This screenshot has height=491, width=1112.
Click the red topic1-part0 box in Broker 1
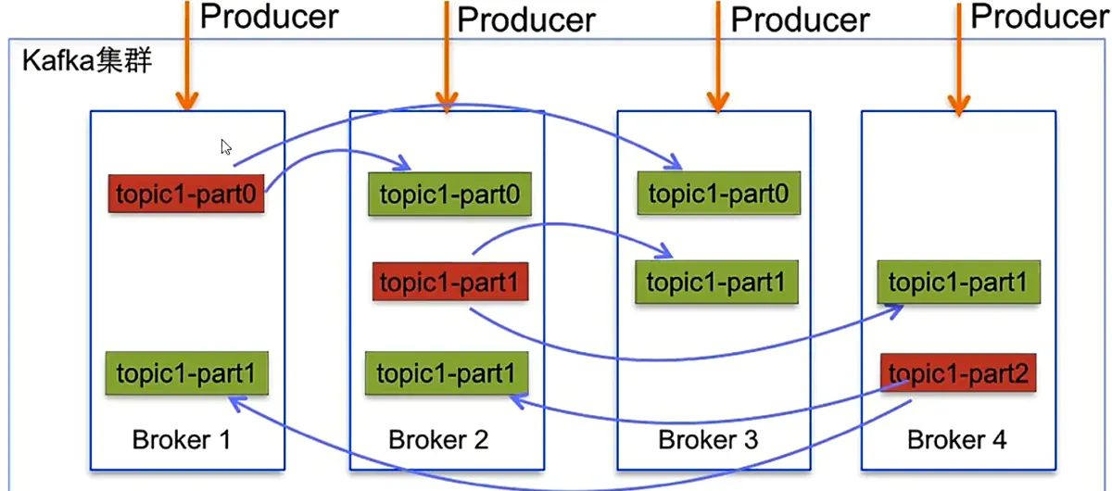(x=186, y=194)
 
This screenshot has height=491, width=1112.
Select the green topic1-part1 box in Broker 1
(x=186, y=374)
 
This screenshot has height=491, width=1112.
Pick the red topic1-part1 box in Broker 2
(x=450, y=282)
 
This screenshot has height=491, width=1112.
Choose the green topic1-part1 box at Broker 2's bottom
(x=445, y=374)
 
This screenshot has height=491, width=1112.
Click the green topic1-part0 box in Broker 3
(x=718, y=194)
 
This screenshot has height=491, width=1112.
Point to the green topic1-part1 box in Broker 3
(x=715, y=282)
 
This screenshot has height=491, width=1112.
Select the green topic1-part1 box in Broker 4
(x=958, y=283)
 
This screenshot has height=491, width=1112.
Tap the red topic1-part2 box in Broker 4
(x=957, y=374)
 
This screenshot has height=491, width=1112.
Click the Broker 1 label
(x=182, y=439)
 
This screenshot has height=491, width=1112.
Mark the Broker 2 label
(x=438, y=439)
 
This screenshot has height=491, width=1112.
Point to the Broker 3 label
(x=708, y=439)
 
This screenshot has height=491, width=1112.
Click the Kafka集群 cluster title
(x=86, y=64)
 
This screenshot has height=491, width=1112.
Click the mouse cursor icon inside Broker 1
(x=225, y=146)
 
